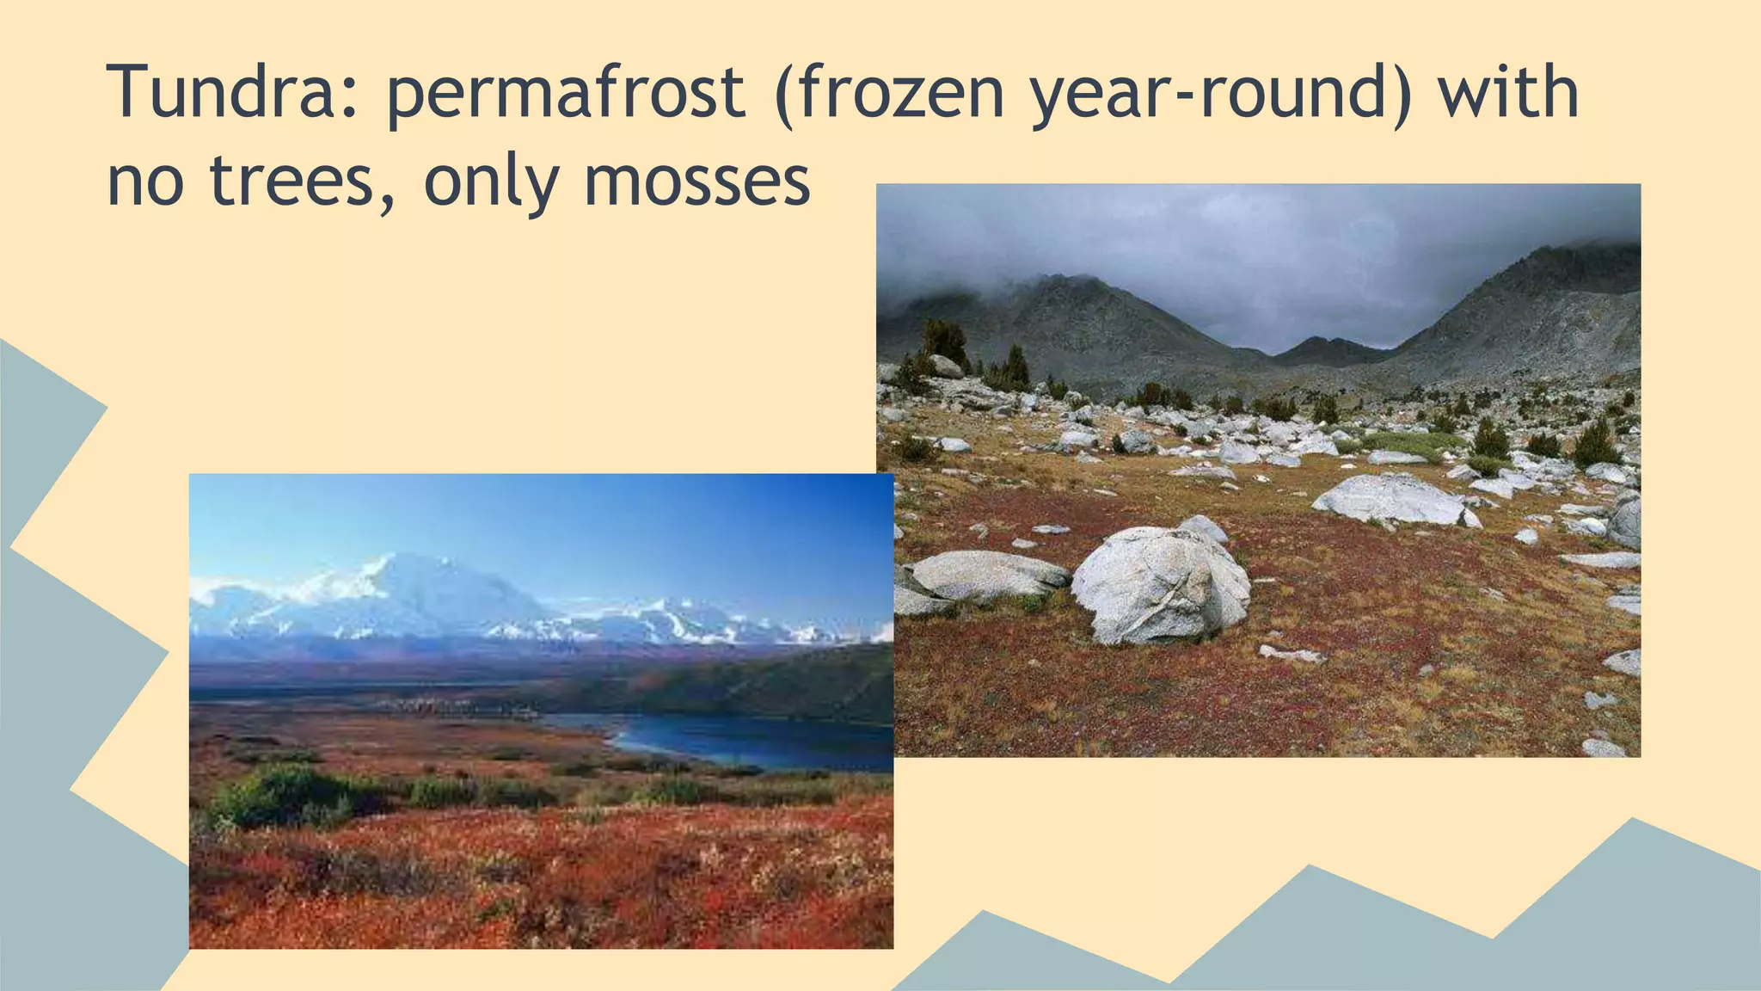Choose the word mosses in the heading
point(696,182)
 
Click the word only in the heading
point(491,182)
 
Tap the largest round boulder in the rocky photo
point(1160,585)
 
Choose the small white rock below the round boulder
point(1290,655)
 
